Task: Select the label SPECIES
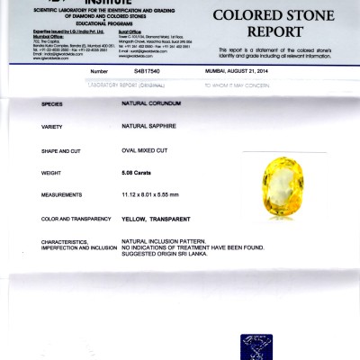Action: click(x=53, y=104)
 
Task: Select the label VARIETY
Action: click(x=51, y=128)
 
